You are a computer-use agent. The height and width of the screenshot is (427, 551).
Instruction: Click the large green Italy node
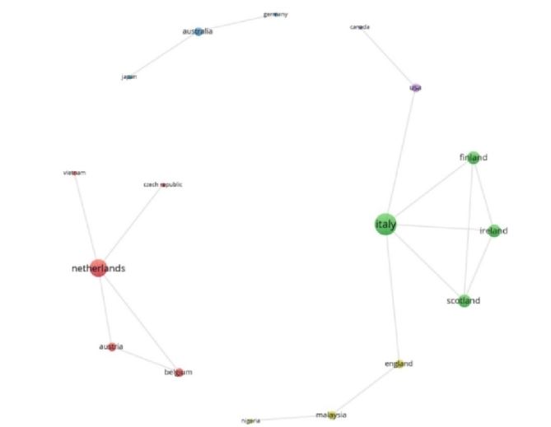click(x=385, y=224)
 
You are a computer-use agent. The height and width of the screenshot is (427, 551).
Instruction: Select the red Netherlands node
click(x=98, y=267)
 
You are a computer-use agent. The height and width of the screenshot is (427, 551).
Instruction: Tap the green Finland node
click(x=474, y=157)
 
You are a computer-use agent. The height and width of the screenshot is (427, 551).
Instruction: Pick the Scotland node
click(x=465, y=301)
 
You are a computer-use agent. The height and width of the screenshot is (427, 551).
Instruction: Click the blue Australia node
click(x=198, y=31)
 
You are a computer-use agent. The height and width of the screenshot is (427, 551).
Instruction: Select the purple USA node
click(x=415, y=88)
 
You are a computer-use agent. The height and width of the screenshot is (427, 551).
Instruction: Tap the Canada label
click(x=360, y=27)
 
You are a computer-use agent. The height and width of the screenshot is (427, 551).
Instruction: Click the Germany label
click(x=276, y=14)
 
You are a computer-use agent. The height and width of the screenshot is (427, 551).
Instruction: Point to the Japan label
click(x=128, y=77)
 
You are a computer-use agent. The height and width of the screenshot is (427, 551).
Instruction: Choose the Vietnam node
click(x=75, y=173)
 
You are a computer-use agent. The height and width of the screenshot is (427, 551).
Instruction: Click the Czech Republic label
click(x=163, y=184)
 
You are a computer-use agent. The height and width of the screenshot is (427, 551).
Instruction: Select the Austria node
click(x=111, y=347)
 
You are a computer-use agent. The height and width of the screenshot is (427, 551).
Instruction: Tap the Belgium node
click(x=178, y=372)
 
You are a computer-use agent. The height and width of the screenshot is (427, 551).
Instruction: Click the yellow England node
click(x=399, y=364)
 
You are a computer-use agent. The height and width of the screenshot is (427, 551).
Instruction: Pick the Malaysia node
click(x=331, y=415)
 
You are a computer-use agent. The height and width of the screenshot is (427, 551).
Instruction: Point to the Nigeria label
click(x=250, y=420)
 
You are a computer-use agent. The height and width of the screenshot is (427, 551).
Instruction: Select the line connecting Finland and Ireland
click(x=483, y=193)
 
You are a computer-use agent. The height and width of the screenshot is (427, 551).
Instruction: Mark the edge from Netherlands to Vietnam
click(x=86, y=220)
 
